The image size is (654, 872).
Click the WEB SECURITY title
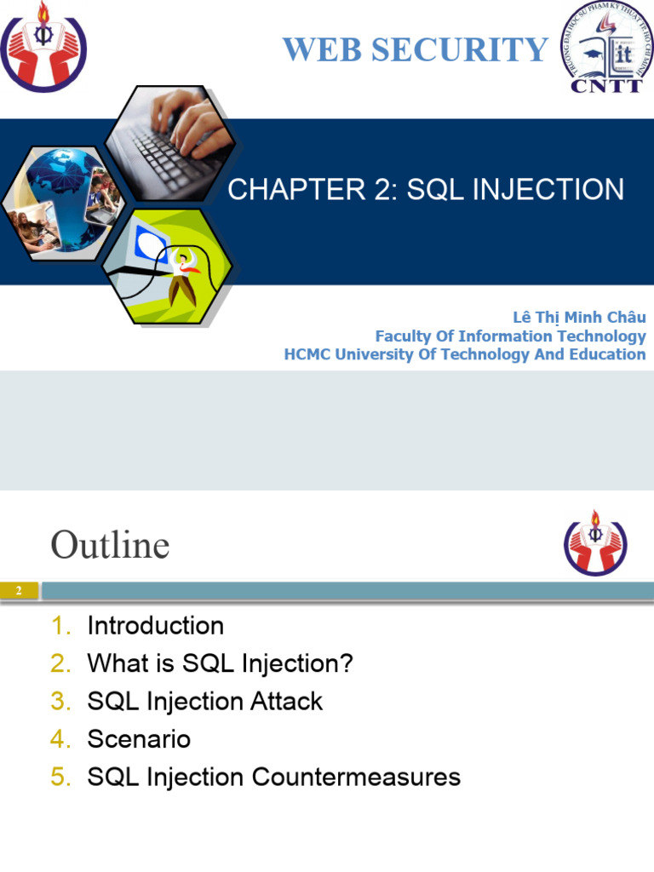[416, 49]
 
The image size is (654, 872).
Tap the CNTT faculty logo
[606, 47]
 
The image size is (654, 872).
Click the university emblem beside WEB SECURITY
[43, 47]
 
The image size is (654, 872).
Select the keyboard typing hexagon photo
[170, 142]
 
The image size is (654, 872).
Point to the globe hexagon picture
[62, 203]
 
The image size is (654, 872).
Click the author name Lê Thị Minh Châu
[579, 317]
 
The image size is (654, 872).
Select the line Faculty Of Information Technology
[511, 336]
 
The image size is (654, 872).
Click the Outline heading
[110, 544]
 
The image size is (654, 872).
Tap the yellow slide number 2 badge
[19, 591]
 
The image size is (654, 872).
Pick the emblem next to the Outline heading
[595, 542]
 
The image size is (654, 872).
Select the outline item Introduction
[156, 626]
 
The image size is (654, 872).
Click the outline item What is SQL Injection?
[221, 663]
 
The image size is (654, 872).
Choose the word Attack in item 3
[286, 702]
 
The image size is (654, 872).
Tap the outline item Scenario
[139, 739]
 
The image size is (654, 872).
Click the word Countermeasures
[356, 777]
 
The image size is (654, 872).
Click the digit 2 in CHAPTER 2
[382, 189]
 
